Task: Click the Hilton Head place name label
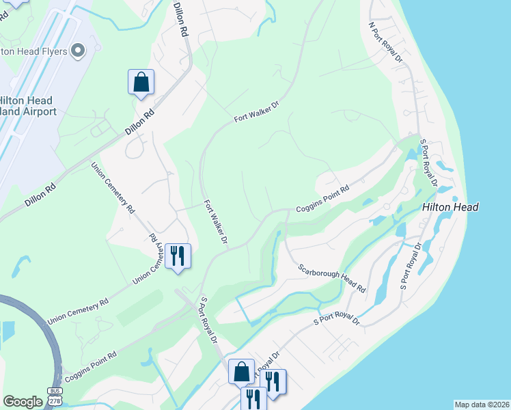pyautogui.click(x=450, y=207)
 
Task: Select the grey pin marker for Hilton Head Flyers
pyautogui.click(x=77, y=50)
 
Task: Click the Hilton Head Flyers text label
pyautogui.click(x=34, y=51)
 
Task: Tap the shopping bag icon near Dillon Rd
pyautogui.click(x=141, y=83)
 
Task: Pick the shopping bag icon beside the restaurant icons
pyautogui.click(x=241, y=372)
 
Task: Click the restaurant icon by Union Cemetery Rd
pyautogui.click(x=178, y=257)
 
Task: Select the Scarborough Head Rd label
pyautogui.click(x=331, y=278)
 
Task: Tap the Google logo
pyautogui.click(x=23, y=402)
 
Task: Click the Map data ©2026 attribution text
pyautogui.click(x=481, y=405)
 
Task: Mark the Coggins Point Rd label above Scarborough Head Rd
pyautogui.click(x=322, y=198)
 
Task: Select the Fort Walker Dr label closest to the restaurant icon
pyautogui.click(x=215, y=222)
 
